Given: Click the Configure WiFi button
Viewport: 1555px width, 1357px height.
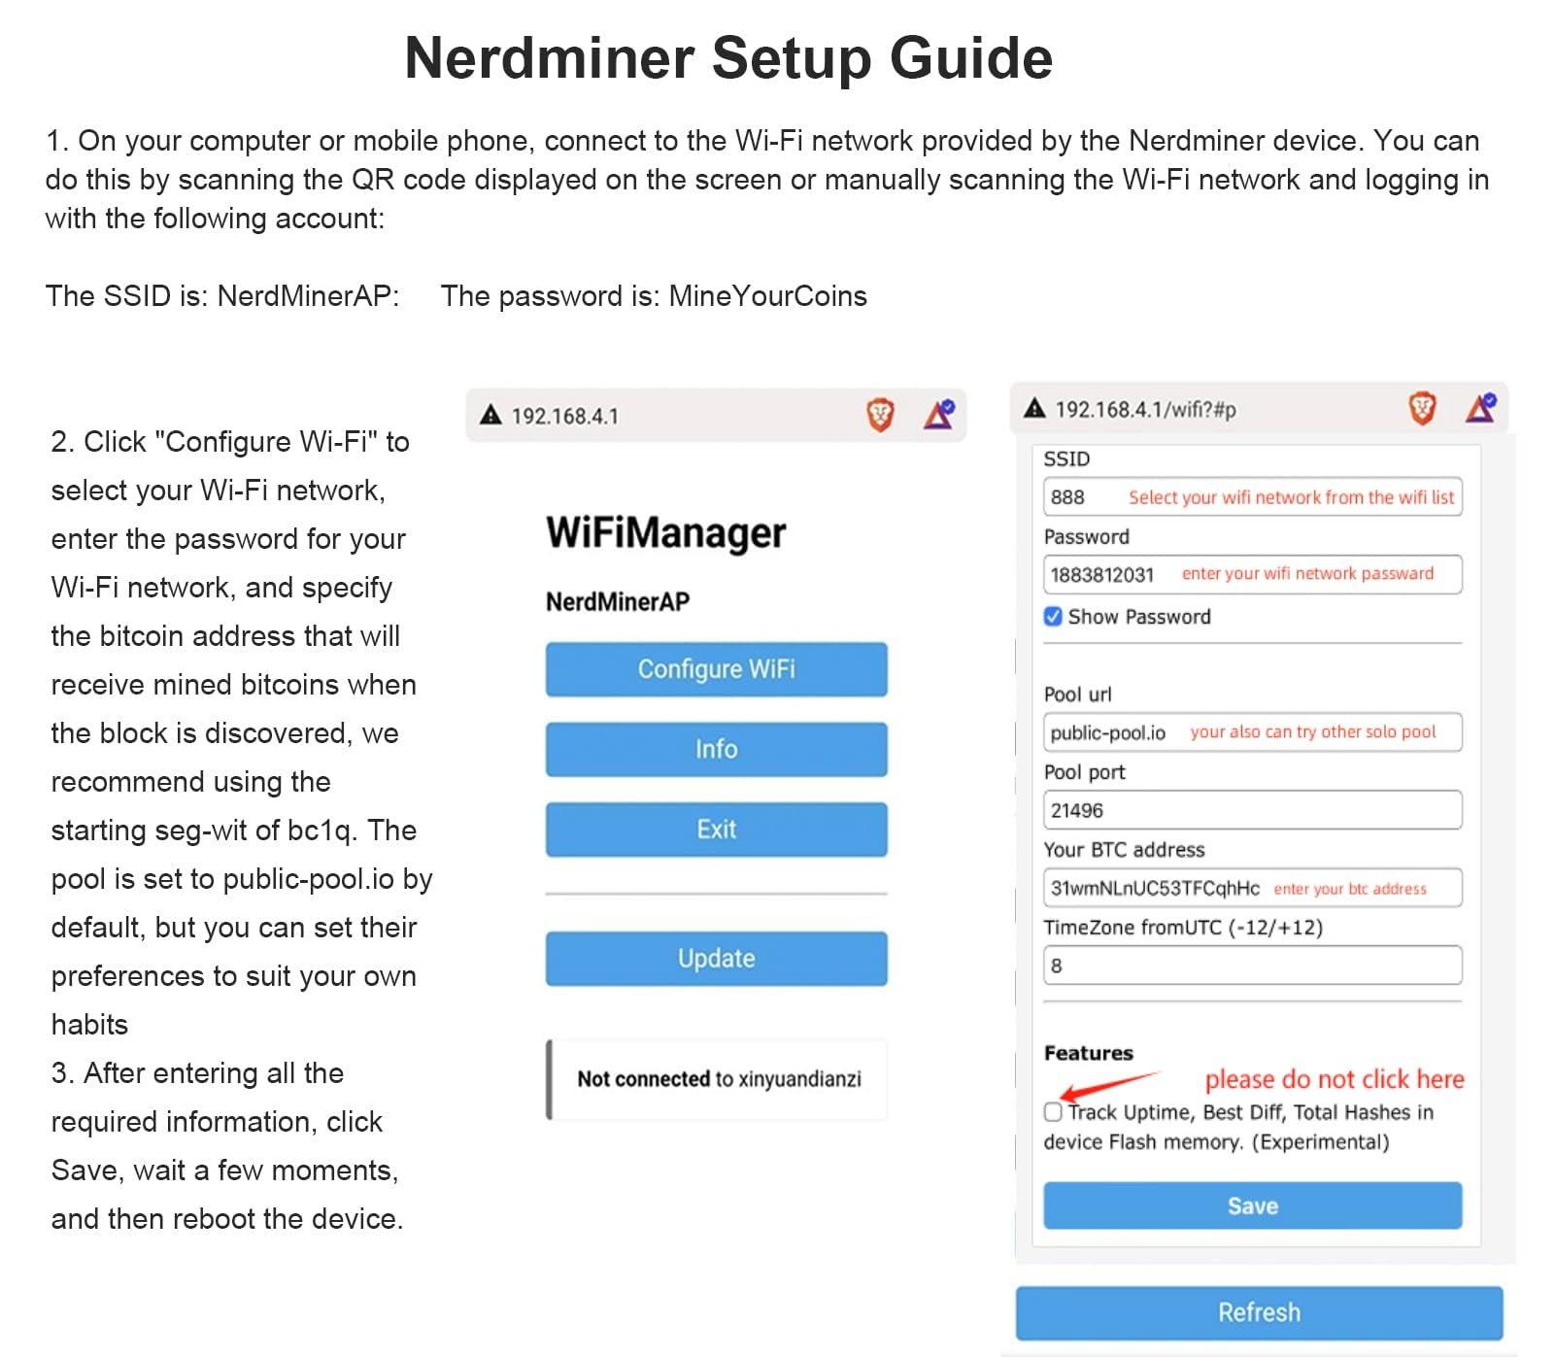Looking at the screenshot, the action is (716, 669).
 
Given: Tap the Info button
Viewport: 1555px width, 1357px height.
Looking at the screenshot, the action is (716, 749).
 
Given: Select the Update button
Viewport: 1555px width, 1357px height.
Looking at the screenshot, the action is (716, 959).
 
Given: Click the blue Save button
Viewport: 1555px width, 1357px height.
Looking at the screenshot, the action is (1252, 1205).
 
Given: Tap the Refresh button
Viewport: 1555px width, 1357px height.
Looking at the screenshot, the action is (1259, 1312).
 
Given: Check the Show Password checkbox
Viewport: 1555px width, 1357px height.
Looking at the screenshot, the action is (1053, 617).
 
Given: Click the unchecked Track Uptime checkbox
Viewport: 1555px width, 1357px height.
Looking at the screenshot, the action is (1053, 1112).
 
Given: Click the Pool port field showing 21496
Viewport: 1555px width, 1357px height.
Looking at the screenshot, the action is (1252, 810).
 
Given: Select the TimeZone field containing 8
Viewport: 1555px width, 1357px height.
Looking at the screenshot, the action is (1252, 966).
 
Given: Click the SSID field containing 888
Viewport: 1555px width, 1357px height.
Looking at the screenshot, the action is (1252, 497).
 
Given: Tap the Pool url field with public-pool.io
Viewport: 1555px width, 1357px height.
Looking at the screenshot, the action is (1252, 732).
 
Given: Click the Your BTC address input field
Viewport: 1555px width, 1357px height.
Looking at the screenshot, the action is (1252, 888).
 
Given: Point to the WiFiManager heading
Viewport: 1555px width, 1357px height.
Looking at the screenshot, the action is (666, 533).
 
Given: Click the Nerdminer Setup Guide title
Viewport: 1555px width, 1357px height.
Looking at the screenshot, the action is (728, 58).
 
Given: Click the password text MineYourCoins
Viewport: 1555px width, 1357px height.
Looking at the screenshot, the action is (767, 296).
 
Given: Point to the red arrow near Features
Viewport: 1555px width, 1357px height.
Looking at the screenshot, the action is (1110, 1085).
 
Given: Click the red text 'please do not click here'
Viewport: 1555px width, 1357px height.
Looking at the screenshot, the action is (1335, 1079).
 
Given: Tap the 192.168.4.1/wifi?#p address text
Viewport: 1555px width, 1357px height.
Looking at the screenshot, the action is (1146, 410).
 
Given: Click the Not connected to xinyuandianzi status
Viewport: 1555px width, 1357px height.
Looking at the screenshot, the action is (719, 1079).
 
